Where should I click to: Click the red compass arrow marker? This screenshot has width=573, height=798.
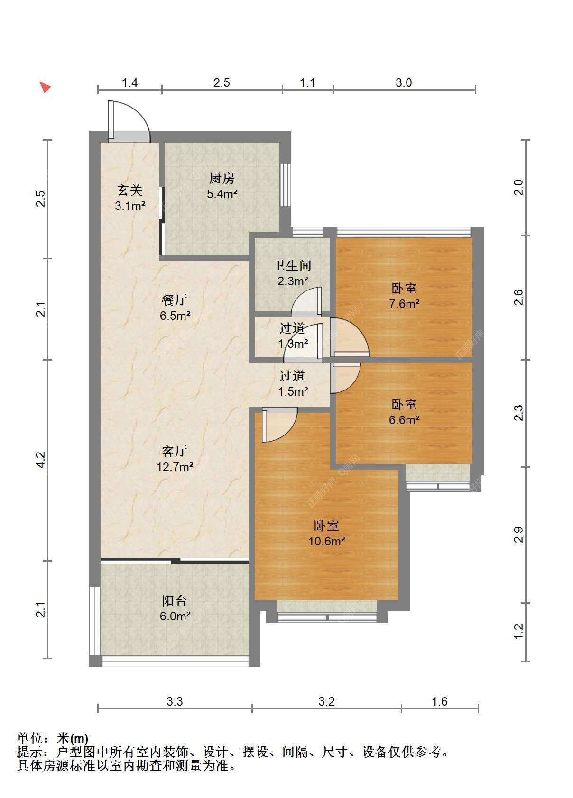[45, 87]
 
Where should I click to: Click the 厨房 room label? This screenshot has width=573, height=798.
[222, 179]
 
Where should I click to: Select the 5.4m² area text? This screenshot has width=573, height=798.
[222, 194]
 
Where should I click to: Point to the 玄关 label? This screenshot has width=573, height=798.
[130, 190]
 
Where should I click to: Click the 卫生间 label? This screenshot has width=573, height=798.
[292, 265]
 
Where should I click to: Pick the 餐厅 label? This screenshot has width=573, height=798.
[175, 300]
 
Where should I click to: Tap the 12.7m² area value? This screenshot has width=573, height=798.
[175, 467]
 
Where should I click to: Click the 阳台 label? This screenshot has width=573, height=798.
[175, 601]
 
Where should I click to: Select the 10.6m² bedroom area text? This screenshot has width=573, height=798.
[327, 542]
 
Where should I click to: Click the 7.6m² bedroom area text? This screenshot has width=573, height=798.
[404, 304]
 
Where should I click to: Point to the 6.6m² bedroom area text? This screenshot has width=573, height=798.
[404, 420]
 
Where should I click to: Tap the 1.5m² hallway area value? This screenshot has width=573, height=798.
[293, 391]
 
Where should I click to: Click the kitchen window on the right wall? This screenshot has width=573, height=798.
[285, 184]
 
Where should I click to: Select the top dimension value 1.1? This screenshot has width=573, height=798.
[307, 83]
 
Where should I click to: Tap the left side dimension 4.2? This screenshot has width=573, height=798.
[41, 460]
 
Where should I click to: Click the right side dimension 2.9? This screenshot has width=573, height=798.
[518, 535]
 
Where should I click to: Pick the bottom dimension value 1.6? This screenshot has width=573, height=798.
[439, 701]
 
